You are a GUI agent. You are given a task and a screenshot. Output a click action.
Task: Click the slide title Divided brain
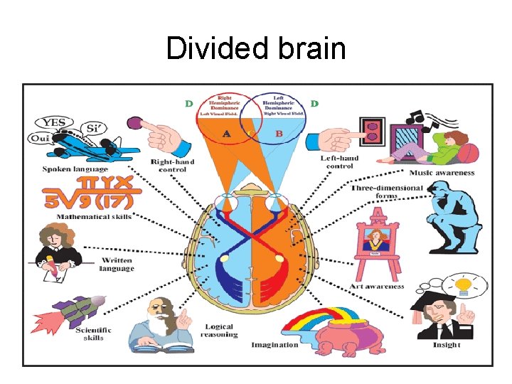[x=256, y=48]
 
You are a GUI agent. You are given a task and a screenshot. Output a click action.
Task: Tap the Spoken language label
[x=75, y=169]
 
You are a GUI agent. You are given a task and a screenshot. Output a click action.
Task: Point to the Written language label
[x=117, y=265]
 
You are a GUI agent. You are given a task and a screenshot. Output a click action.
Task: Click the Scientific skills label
[x=94, y=333]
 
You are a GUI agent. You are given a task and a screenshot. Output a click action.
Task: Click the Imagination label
[x=274, y=345]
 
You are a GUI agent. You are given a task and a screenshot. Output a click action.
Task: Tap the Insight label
[x=447, y=345]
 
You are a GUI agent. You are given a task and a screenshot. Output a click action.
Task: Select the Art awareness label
[x=377, y=287]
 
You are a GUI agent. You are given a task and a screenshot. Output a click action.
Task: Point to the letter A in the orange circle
[x=225, y=134]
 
